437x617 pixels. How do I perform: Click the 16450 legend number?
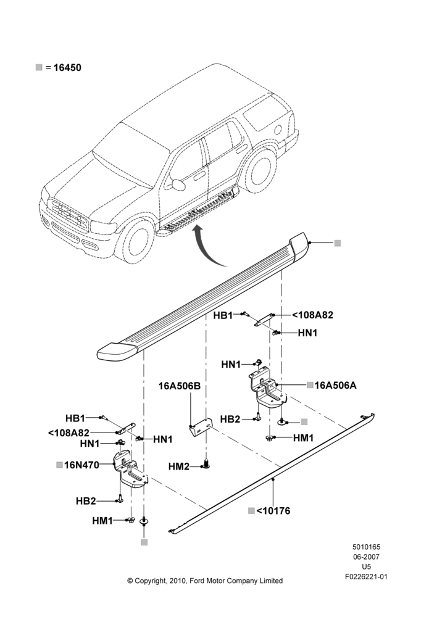(x=67, y=68)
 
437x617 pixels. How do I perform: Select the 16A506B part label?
(x=180, y=386)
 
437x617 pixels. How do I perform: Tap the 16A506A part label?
(x=335, y=385)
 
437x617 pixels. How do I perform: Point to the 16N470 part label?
(x=81, y=465)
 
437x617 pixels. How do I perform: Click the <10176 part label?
(x=273, y=511)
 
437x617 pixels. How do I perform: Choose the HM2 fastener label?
(x=179, y=466)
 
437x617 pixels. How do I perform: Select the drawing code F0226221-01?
(x=366, y=577)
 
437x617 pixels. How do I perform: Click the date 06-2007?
(x=366, y=557)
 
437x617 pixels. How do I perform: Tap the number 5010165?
(x=366, y=547)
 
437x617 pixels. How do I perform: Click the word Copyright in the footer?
(x=151, y=581)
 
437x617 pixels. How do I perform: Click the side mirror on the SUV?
(x=178, y=184)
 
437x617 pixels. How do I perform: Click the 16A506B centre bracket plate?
(x=201, y=427)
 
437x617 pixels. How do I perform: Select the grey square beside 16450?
(x=39, y=67)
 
